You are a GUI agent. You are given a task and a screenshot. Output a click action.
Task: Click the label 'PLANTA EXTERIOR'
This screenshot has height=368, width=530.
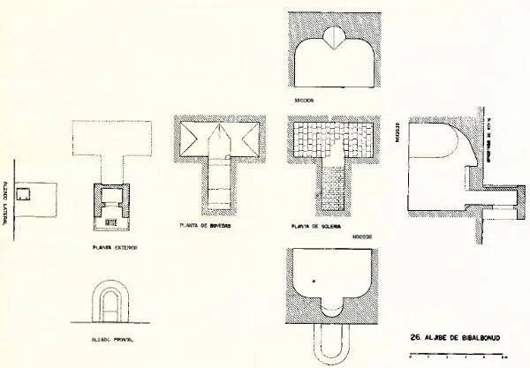113,248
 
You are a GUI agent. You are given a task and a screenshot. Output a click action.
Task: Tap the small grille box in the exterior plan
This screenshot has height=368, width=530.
112,210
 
